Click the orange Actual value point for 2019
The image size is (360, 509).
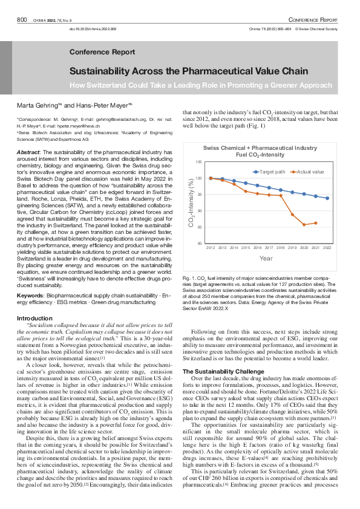click(x=292, y=215)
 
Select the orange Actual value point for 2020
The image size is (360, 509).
click(x=304, y=225)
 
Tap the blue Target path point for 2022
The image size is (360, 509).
click(x=327, y=198)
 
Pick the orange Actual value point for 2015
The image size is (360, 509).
click(x=246, y=191)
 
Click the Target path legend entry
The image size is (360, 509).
click(x=270, y=172)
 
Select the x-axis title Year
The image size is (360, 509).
click(x=266, y=258)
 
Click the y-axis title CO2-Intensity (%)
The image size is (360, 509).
click(x=191, y=203)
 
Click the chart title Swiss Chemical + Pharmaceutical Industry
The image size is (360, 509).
click(x=260, y=148)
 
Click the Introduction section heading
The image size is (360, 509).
click(x=34, y=319)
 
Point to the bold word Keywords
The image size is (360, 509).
click(x=30, y=295)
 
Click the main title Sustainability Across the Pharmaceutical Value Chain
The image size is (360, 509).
click(x=189, y=71)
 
